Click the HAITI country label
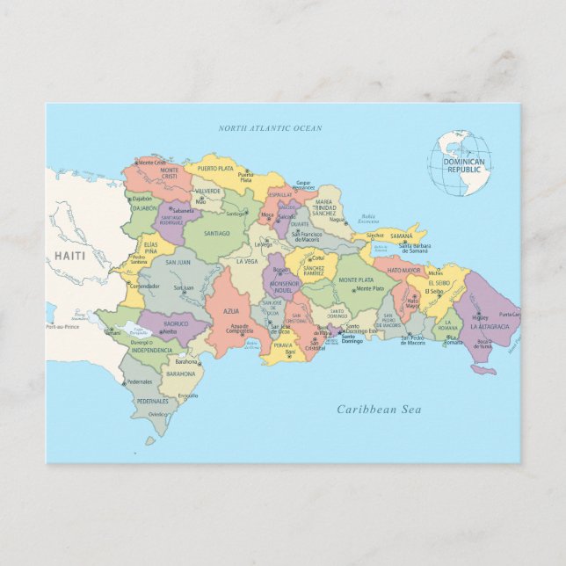69,255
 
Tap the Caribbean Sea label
379,410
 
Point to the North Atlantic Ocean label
271,128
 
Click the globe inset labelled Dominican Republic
460,163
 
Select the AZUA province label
231,311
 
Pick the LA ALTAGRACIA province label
489,326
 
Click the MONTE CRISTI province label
169,173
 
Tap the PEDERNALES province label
151,401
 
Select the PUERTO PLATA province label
215,167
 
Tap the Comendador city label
145,286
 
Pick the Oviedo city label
158,414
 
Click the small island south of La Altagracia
483,369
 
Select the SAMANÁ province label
401,236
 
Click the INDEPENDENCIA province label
151,350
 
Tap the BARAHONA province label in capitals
181,374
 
